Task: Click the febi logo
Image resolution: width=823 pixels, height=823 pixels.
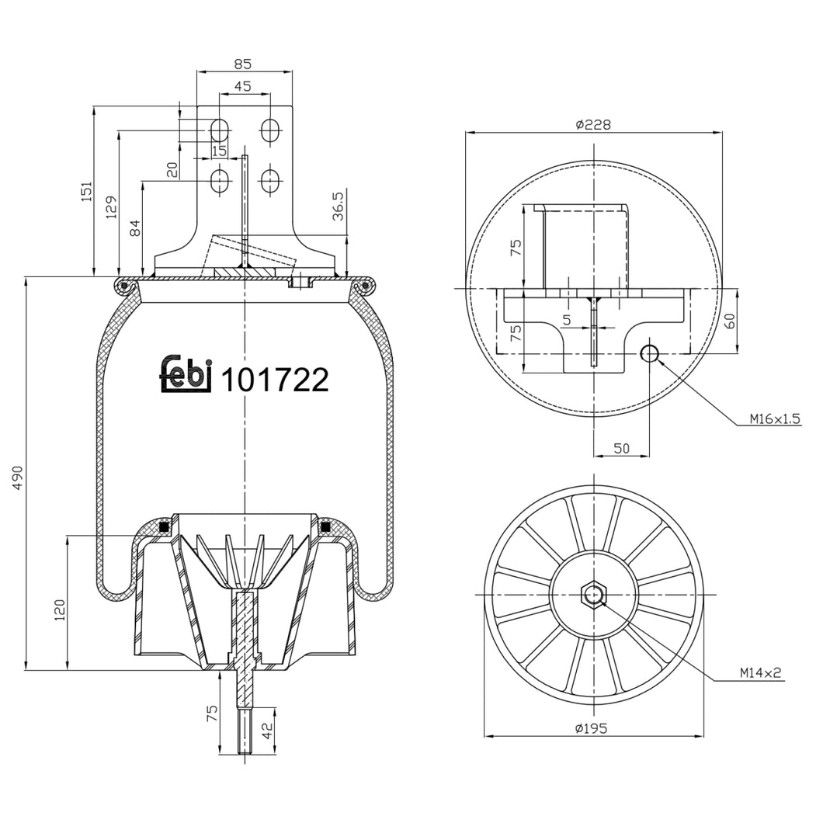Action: pos(186,375)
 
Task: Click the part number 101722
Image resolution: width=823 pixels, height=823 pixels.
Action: pos(275,380)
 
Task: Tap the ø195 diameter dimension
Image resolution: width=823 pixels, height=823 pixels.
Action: pos(591,728)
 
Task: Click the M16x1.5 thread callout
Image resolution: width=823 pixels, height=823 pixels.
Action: pos(775,418)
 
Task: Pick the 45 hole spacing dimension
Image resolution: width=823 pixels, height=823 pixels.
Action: pos(242,87)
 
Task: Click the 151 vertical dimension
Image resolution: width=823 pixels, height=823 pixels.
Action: pos(86,190)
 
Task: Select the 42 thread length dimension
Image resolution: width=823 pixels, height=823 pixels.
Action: pos(267,730)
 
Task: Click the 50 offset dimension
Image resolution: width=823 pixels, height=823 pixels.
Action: pos(621,448)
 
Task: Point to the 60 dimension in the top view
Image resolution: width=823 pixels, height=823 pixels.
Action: pos(729,321)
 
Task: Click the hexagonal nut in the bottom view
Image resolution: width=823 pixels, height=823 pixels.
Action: pos(594,596)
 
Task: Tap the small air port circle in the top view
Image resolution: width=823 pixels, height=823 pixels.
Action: pos(649,354)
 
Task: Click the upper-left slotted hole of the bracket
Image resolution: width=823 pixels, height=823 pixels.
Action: pos(220,130)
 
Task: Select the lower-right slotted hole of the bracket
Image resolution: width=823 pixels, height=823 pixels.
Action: pos(269,182)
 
